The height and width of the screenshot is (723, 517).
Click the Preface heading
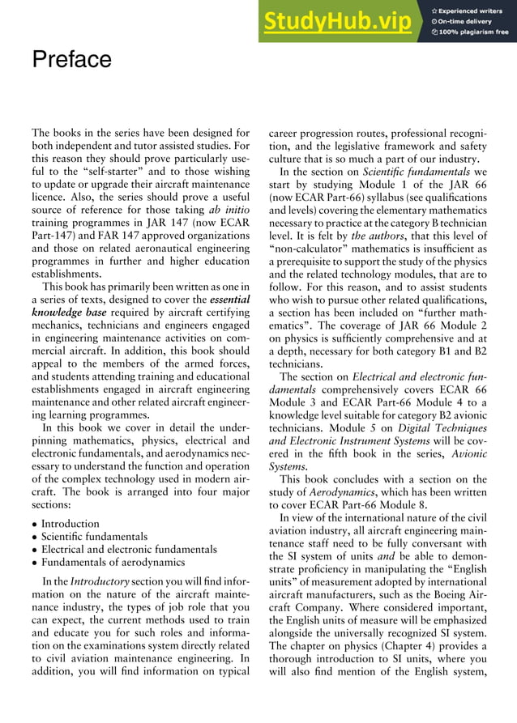pyautogui.click(x=71, y=60)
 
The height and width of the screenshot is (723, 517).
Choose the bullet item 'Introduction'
pyautogui.click(x=70, y=524)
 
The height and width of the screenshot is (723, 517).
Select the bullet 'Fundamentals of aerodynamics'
pyautogui.click(x=113, y=562)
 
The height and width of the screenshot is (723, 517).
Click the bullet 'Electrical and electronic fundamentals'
pyautogui.click(x=129, y=550)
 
